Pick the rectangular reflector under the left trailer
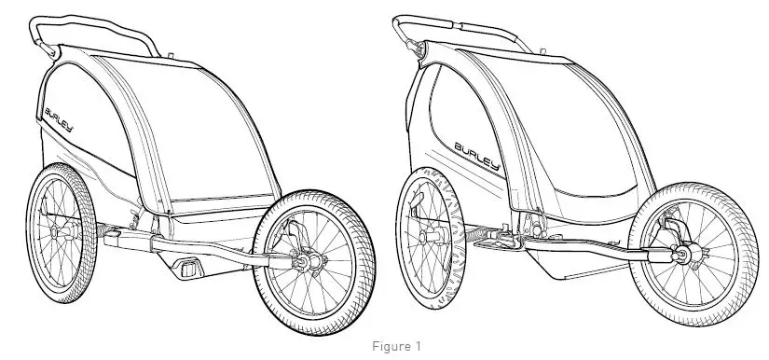tap(190, 269)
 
